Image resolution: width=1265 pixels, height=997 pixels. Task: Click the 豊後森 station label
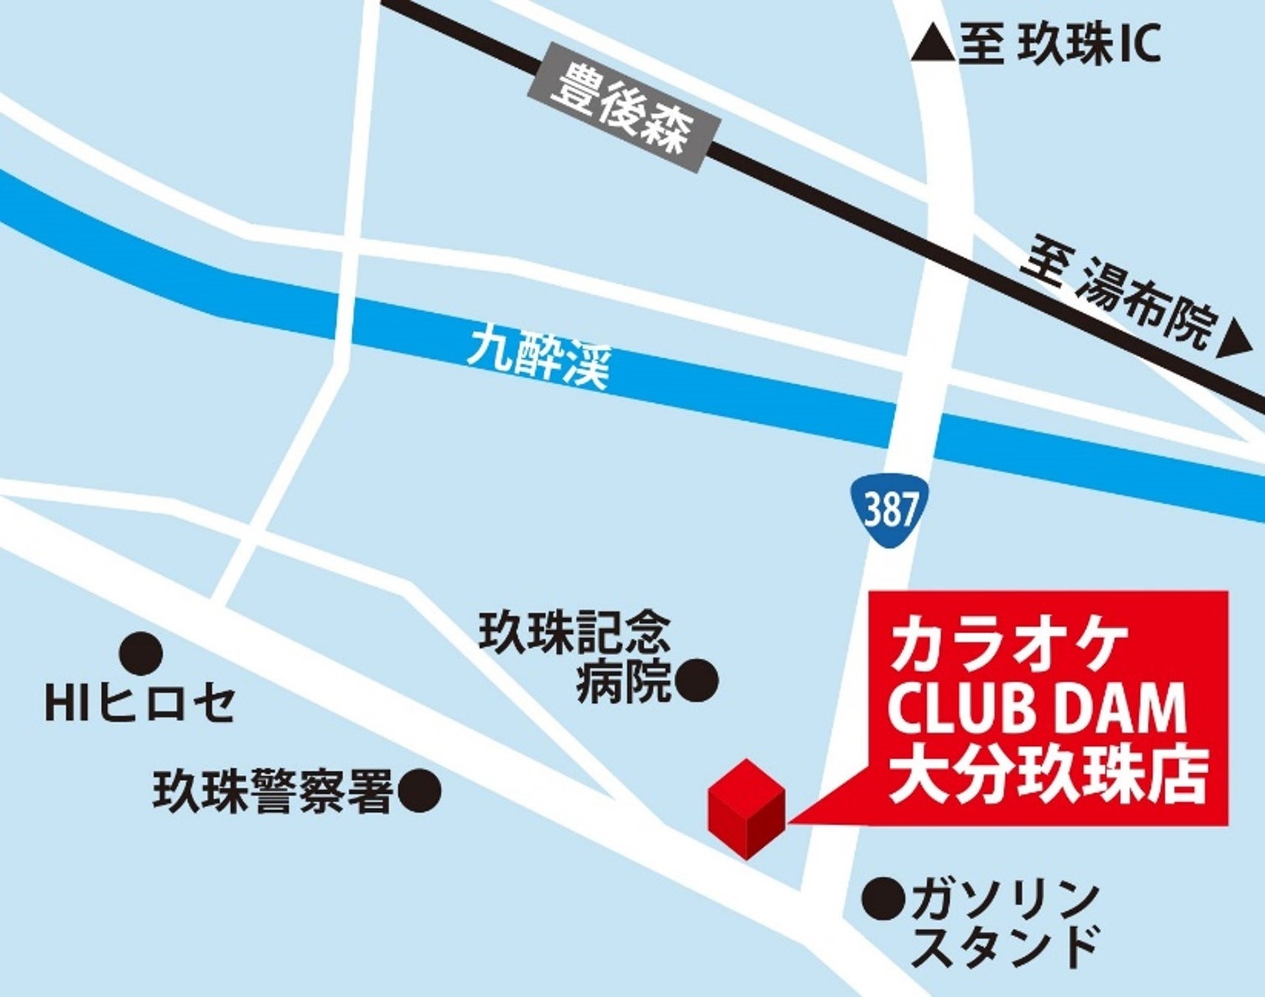coord(623,109)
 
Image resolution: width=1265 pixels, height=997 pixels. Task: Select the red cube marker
coord(746,809)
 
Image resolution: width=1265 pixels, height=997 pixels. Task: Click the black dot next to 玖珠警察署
coord(419,791)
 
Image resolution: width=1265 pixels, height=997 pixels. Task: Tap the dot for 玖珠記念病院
coord(697,680)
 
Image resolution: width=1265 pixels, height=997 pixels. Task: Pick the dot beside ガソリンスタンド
coord(884,898)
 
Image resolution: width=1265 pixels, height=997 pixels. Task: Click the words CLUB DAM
coord(1037,709)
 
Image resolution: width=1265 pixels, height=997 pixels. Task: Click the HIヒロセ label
coord(140,704)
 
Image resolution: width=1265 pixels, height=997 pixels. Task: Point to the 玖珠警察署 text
coord(272,792)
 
